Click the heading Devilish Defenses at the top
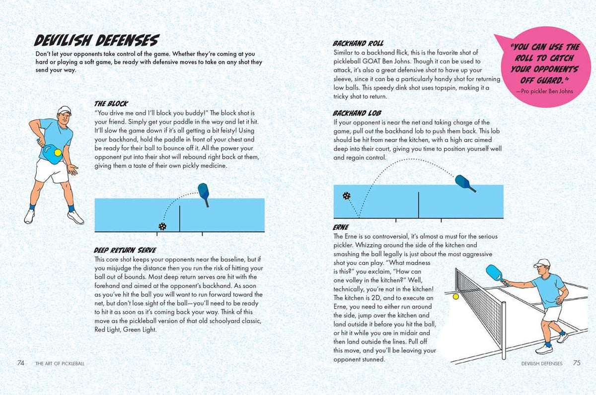point(96,41)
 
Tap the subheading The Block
point(111,104)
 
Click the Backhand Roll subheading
point(358,43)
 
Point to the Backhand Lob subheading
point(357,113)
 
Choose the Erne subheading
point(341,227)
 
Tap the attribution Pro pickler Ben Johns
point(544,91)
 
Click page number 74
point(21,363)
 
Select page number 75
point(577,363)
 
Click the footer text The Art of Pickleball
point(60,363)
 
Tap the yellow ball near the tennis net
point(455,296)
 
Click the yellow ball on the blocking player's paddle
point(58,152)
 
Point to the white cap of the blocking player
point(64,110)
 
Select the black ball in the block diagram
point(162,226)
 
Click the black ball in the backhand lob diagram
point(347,196)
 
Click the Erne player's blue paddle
point(495,272)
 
